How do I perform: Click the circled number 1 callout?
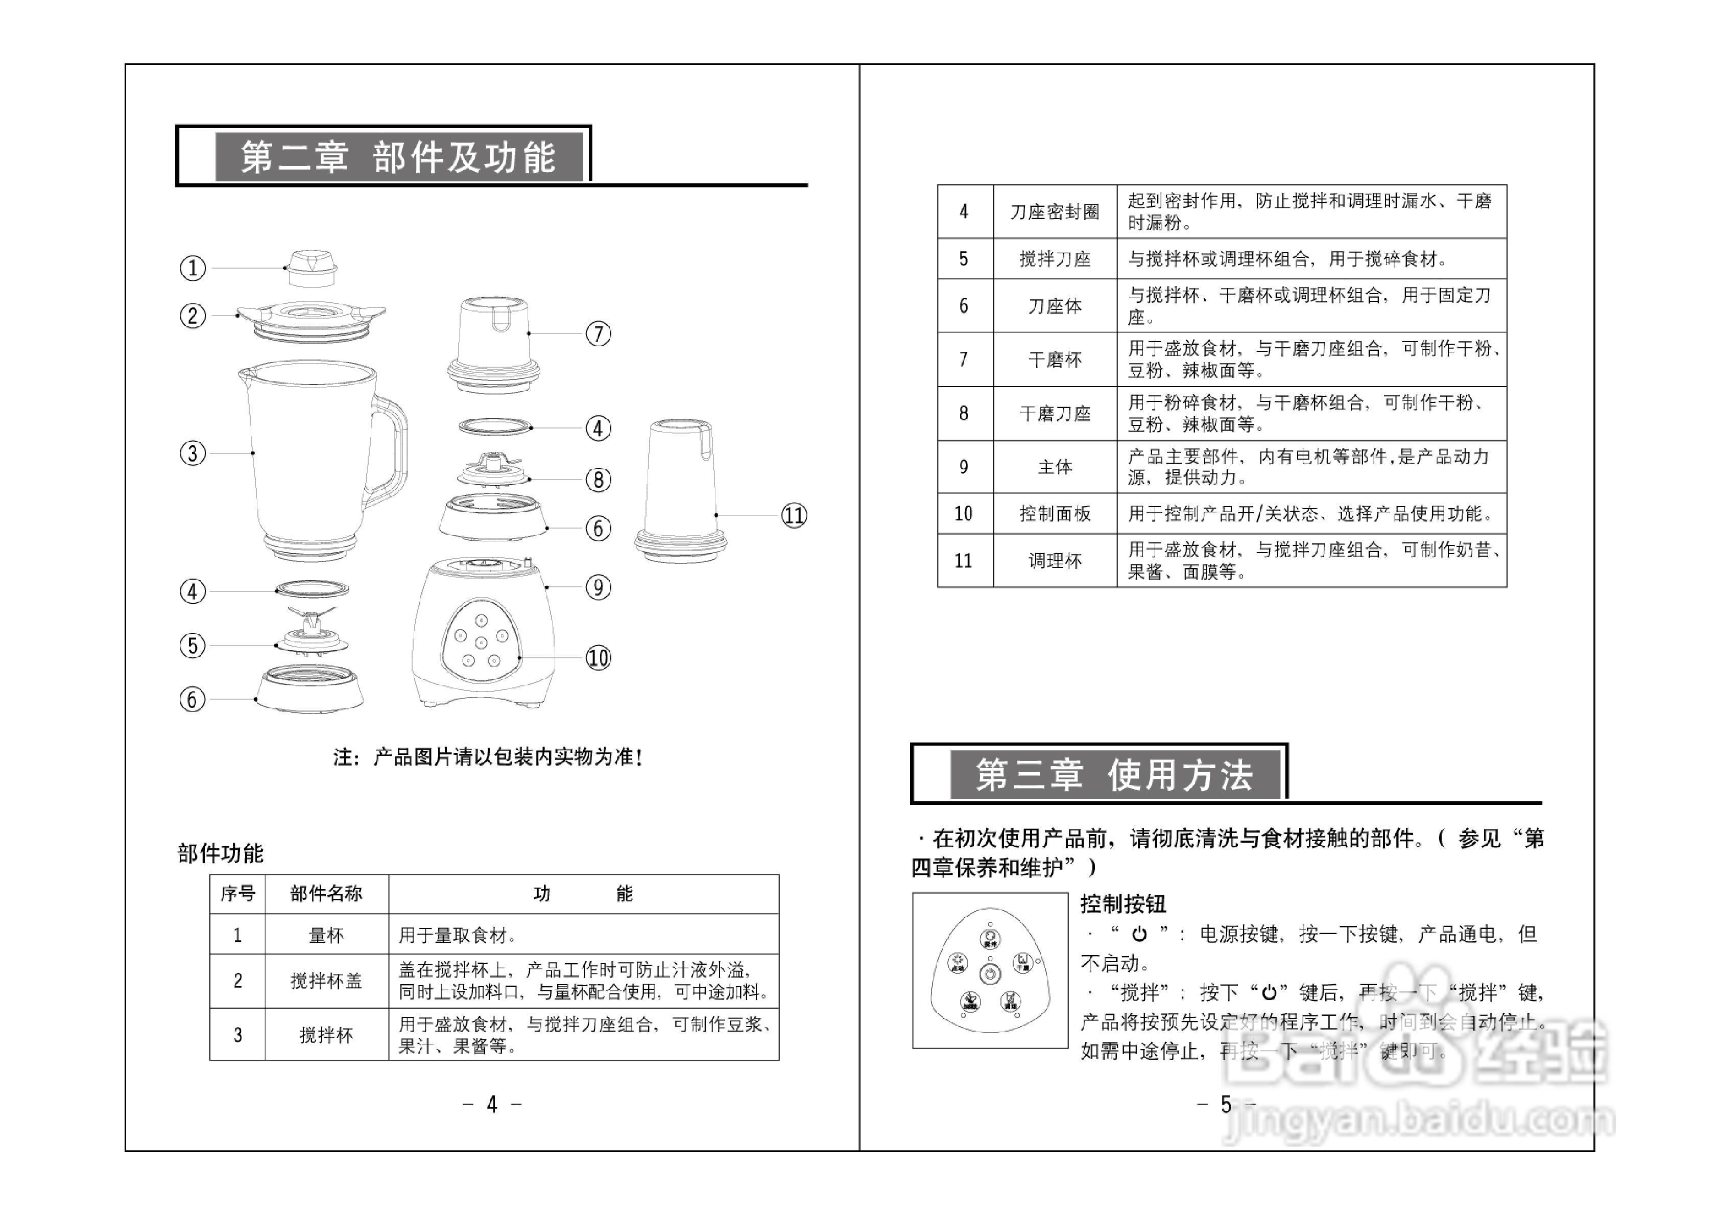tap(193, 268)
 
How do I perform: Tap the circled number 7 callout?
tap(598, 333)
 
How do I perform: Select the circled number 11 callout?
tap(794, 515)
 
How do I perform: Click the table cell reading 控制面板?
tap(1055, 513)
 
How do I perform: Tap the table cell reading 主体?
tap(1055, 467)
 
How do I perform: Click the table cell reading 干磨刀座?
tap(1055, 414)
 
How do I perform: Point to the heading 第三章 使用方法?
tap(1114, 775)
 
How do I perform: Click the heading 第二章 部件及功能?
tap(398, 157)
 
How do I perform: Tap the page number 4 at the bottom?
tap(492, 1104)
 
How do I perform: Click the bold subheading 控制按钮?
tap(1123, 904)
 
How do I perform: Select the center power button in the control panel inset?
tap(990, 974)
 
